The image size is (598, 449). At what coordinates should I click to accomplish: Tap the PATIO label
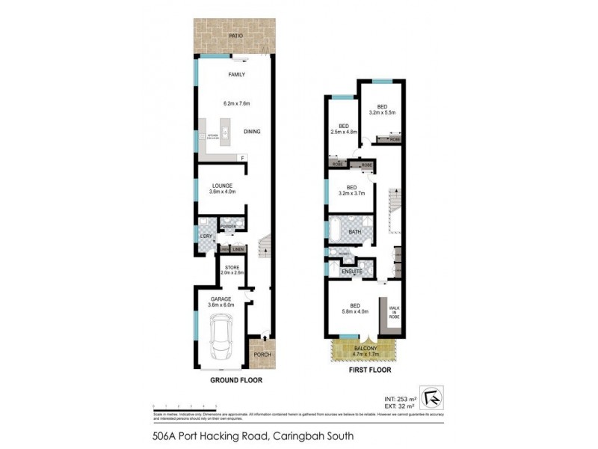point(237,35)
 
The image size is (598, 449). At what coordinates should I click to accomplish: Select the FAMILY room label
point(237,74)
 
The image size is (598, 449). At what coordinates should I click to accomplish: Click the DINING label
point(252,132)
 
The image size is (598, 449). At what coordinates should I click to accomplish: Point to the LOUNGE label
point(222,186)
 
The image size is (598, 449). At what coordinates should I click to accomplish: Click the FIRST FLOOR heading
point(369,370)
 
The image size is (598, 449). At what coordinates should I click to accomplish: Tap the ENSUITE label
point(352,271)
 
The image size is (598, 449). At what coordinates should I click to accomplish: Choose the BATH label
point(355,233)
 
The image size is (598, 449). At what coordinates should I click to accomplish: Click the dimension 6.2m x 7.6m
point(235,103)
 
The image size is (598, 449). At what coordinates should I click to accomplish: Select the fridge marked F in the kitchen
point(241,157)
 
